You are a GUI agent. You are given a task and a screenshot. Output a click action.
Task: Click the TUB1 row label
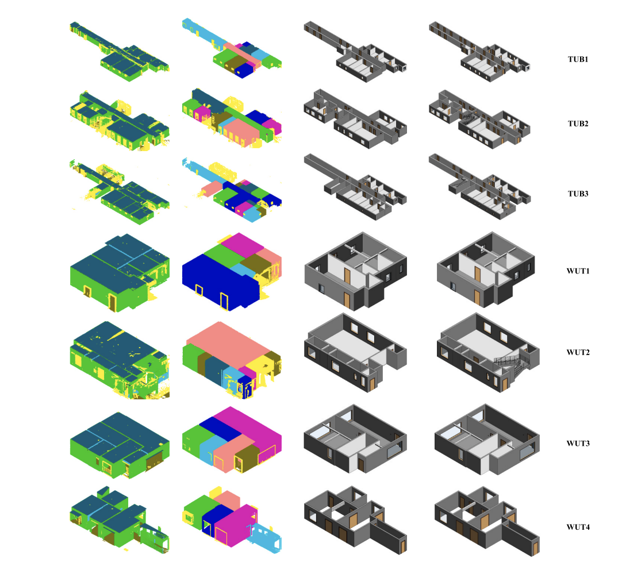[578, 59]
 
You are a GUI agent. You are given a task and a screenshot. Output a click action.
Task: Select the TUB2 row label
[578, 124]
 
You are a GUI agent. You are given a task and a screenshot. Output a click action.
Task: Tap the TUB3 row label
[578, 194]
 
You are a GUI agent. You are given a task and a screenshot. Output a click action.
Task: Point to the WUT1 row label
[578, 271]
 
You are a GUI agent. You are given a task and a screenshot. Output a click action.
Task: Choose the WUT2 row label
[578, 352]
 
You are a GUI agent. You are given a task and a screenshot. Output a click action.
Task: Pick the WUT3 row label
[578, 444]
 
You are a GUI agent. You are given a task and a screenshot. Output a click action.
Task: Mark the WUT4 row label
[578, 527]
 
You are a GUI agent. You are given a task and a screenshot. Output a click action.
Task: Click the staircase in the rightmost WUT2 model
[514, 365]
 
